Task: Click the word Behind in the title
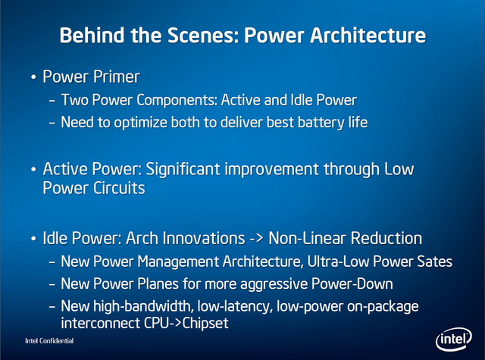point(92,36)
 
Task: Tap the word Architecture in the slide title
point(368,36)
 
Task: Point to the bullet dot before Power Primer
point(33,77)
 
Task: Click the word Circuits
point(119,188)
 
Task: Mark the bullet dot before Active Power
point(33,170)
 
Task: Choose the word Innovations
point(203,239)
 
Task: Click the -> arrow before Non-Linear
point(256,239)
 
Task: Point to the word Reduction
point(386,239)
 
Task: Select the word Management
point(178,261)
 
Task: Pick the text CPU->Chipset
point(186,323)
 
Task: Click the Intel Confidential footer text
point(49,341)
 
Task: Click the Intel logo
point(454,340)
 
